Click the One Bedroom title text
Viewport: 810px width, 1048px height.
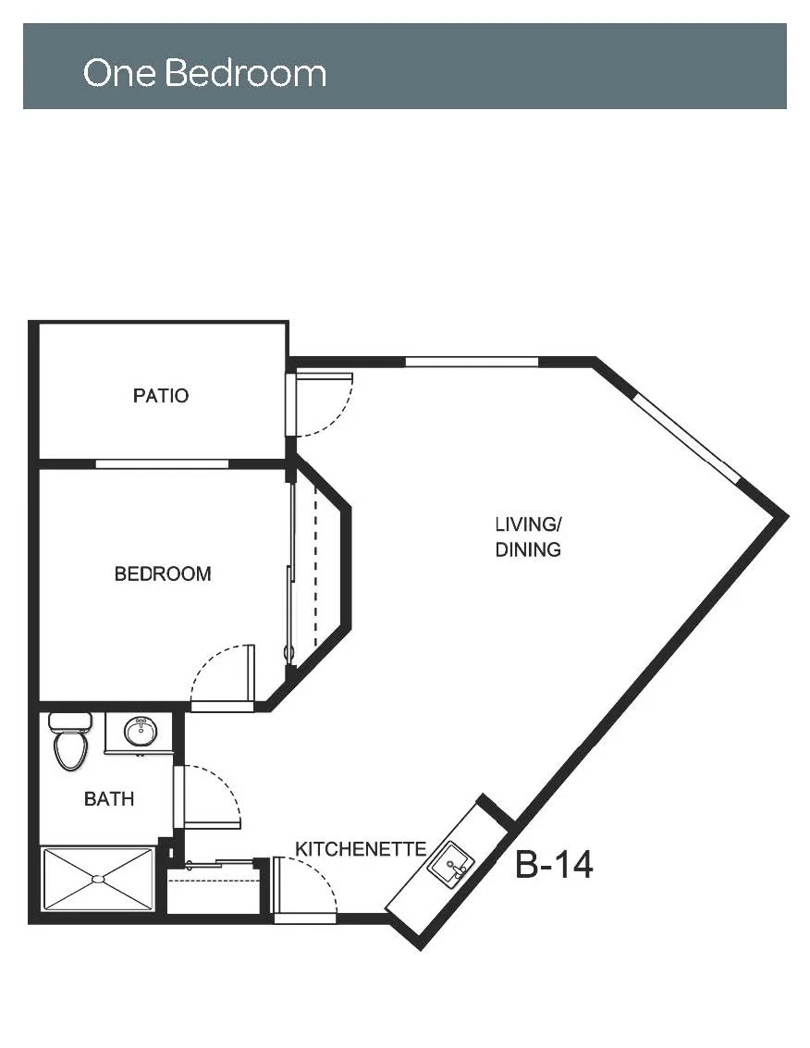click(x=204, y=72)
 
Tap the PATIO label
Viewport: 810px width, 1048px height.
click(x=160, y=396)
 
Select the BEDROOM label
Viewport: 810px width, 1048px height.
click(x=163, y=573)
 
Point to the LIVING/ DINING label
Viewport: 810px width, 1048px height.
click(x=528, y=536)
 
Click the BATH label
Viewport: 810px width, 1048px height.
click(x=109, y=798)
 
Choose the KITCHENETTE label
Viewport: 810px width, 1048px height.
click(x=361, y=849)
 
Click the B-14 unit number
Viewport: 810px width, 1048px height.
click(x=554, y=865)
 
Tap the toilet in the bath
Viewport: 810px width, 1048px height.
click(x=70, y=741)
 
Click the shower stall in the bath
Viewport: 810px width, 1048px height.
click(x=98, y=879)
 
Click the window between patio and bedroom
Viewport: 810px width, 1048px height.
click(x=163, y=463)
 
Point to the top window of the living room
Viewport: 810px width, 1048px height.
click(x=472, y=363)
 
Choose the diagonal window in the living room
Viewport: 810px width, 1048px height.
click(x=686, y=438)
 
